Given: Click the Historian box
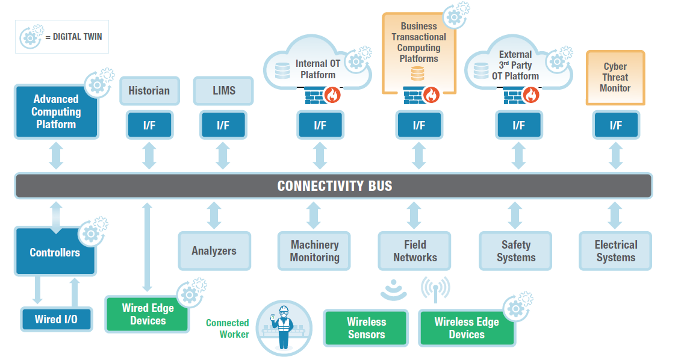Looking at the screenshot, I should click(x=149, y=91).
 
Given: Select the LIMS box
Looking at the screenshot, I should click(x=223, y=91).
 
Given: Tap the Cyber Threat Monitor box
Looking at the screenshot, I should click(x=615, y=78).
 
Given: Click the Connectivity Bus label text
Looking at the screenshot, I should click(x=334, y=186).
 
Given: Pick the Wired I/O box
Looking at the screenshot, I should click(x=56, y=319).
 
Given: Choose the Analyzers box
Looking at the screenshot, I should click(x=214, y=251).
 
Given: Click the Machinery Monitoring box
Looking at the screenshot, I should click(x=314, y=251).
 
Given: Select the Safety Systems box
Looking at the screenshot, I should click(x=515, y=251).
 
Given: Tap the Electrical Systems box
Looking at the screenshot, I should click(x=615, y=251).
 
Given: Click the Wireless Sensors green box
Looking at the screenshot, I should click(x=366, y=328).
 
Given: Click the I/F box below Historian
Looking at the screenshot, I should click(x=149, y=126).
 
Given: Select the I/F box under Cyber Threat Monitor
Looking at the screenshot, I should click(x=615, y=126).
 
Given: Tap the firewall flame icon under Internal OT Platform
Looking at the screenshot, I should click(x=332, y=95).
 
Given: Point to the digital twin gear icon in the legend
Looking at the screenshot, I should click(x=31, y=37).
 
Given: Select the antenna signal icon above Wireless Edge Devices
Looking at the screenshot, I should click(x=435, y=289).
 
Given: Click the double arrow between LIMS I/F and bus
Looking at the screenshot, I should click(x=223, y=156).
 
